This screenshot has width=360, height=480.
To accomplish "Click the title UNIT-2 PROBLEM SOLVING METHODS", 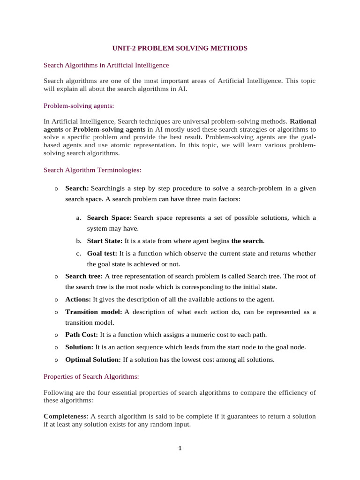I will (180, 48).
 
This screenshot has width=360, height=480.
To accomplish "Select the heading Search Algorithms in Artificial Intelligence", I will (106, 65).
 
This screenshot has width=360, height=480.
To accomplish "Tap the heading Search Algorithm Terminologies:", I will (92, 170).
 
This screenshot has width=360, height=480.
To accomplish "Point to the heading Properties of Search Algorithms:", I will (91, 376).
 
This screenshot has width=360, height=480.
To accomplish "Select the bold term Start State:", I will (105, 241).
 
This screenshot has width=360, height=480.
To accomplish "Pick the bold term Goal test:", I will (102, 253).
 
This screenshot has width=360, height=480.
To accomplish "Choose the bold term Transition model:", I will (93, 312).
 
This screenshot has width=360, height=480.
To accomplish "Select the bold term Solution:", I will (79, 347).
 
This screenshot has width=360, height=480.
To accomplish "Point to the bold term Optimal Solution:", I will (93, 360).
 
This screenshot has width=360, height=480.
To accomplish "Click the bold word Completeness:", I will (66, 416).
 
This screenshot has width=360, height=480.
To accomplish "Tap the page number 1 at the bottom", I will (180, 448).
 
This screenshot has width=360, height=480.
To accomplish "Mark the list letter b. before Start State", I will (78, 241).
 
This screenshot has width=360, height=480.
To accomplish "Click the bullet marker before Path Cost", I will (56, 335).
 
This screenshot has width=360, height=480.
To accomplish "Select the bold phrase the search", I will (247, 241).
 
